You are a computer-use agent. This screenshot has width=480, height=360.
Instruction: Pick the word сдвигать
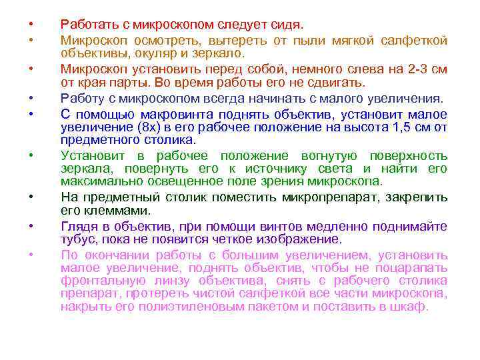(x=337, y=83)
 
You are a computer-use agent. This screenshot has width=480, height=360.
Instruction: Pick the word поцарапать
(x=414, y=267)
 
